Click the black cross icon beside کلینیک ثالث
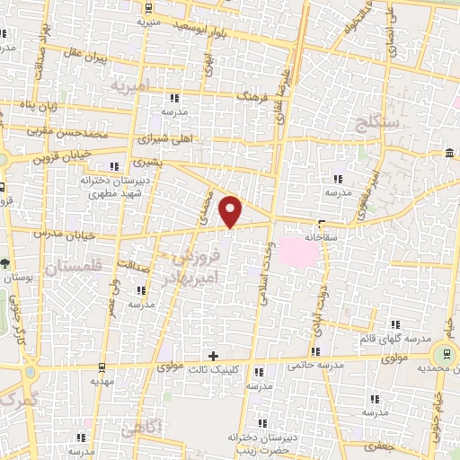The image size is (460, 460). [213, 356]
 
